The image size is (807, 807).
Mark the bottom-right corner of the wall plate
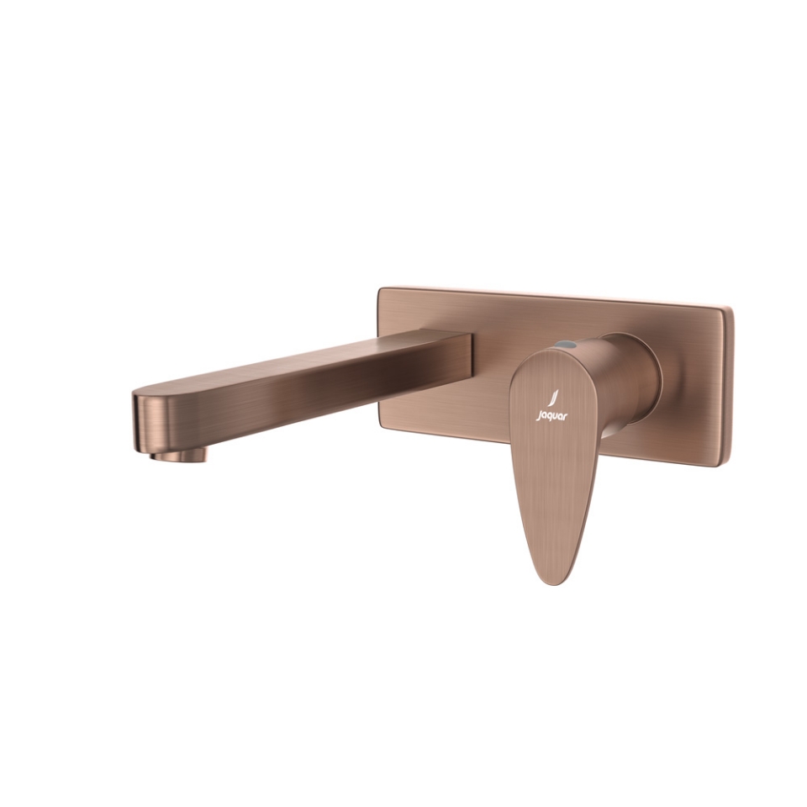(728, 465)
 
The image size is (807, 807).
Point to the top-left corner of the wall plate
(381, 289)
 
